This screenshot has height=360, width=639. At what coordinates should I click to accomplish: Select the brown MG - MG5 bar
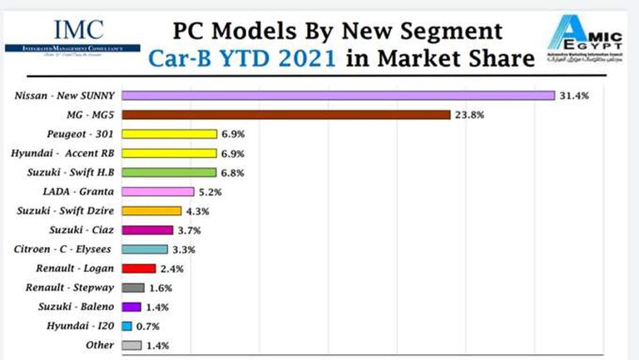(x=285, y=115)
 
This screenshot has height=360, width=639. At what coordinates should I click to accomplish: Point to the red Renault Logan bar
(x=138, y=268)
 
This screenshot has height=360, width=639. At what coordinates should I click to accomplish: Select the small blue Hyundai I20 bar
(x=126, y=326)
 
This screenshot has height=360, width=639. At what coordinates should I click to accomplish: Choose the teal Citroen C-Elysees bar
(x=145, y=249)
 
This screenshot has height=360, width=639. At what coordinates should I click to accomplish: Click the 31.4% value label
(x=574, y=96)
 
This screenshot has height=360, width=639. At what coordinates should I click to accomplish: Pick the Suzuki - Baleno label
(x=77, y=307)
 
